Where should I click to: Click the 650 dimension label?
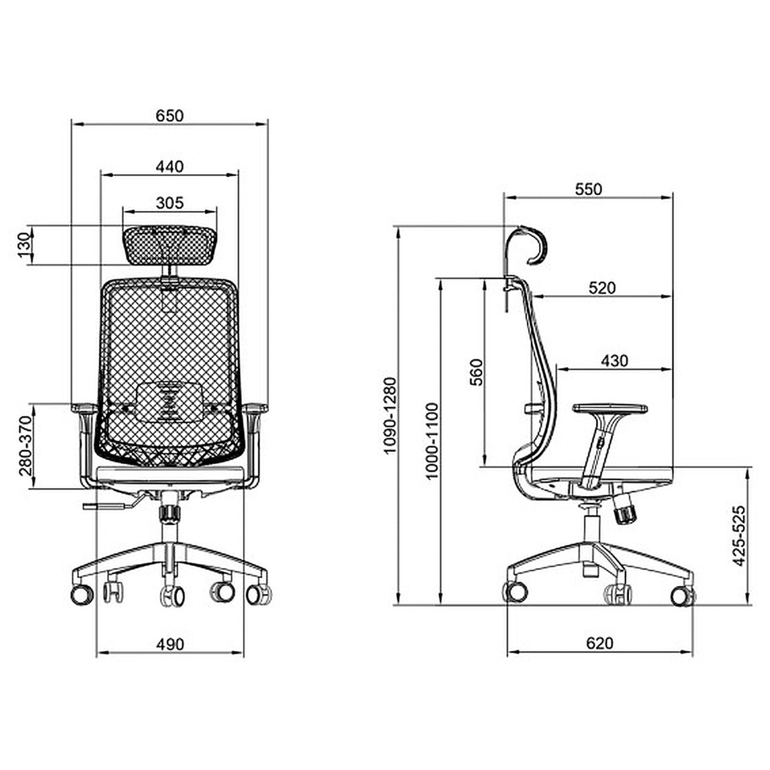click(169, 116)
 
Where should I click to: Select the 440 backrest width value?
click(169, 166)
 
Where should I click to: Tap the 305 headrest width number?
click(169, 203)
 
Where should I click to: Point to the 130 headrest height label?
click(24, 245)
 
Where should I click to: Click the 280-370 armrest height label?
click(26, 445)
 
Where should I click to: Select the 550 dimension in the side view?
click(588, 189)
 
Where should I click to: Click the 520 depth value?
click(602, 287)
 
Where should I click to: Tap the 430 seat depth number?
click(615, 361)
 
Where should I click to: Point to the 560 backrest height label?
click(476, 372)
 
